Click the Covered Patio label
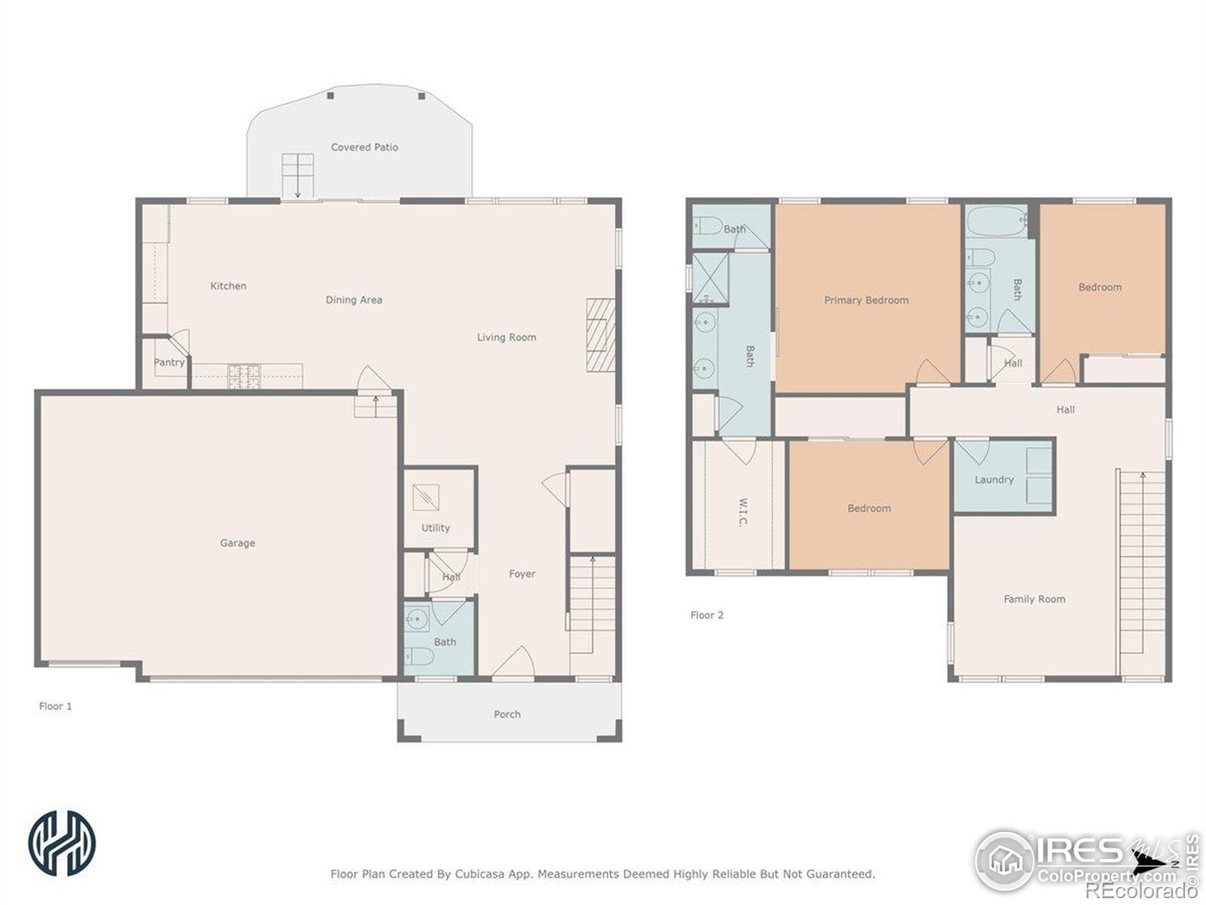tap(364, 147)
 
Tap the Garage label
tap(237, 543)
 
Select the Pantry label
tap(169, 362)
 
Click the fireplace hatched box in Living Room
tap(601, 335)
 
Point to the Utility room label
tap(435, 528)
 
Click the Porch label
tap(507, 714)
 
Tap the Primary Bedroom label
tap(866, 300)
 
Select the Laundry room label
tap(994, 480)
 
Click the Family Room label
tap(1034, 599)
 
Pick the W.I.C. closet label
tap(743, 512)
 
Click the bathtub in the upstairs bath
tap(996, 222)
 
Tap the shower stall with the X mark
tap(710, 278)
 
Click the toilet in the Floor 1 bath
tap(418, 655)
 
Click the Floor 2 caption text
tap(706, 615)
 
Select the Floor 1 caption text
tap(55, 706)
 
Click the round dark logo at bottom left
tap(62, 843)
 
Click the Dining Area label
tap(354, 300)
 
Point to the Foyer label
tap(522, 574)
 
